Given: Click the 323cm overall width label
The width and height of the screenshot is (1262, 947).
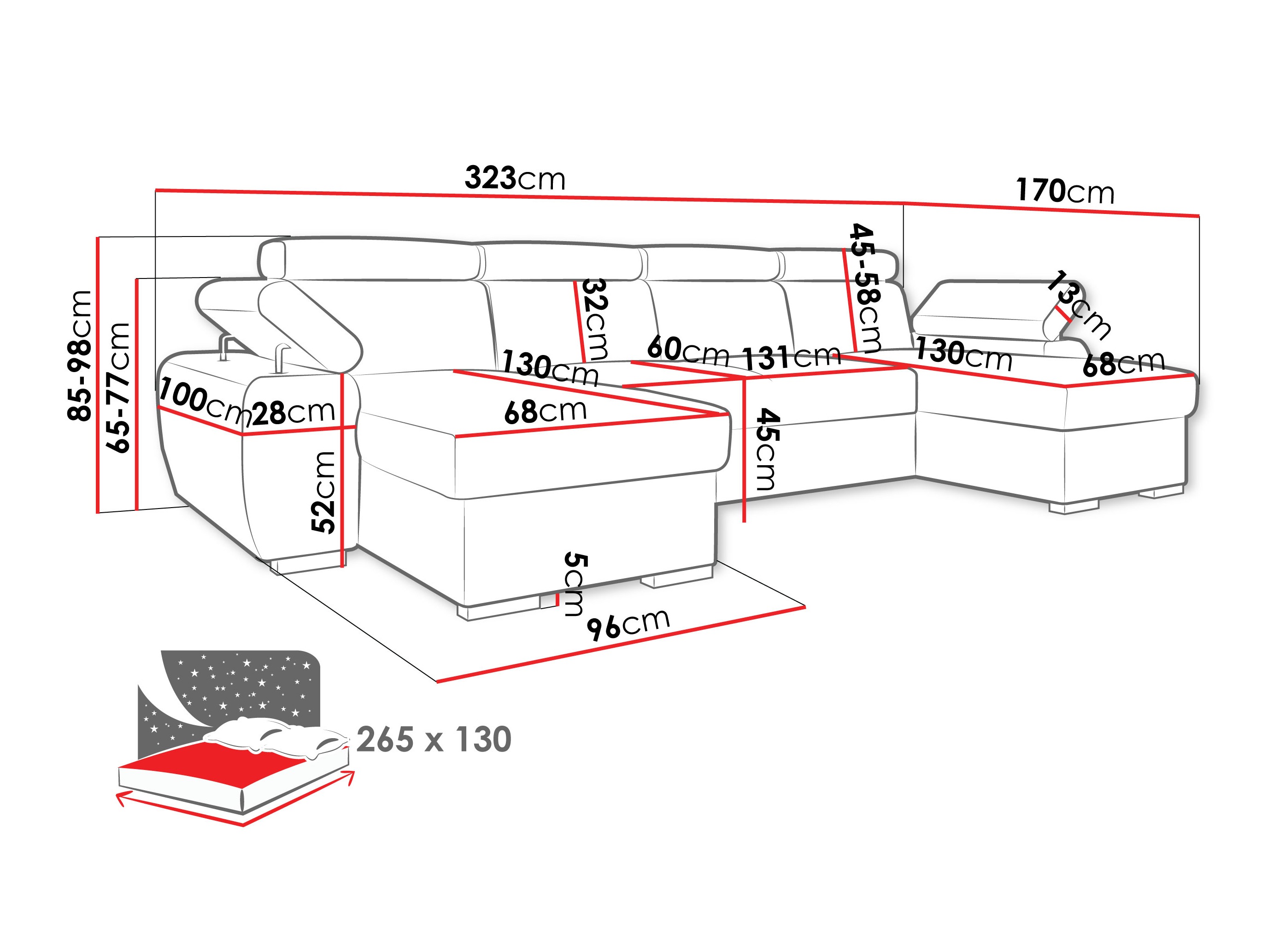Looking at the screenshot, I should click(x=515, y=179).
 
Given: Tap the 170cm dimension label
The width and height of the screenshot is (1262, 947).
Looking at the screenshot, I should click(x=1065, y=191).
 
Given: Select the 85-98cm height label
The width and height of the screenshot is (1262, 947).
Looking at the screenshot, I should click(x=79, y=355).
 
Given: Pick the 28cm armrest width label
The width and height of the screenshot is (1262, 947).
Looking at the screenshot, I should click(x=293, y=413).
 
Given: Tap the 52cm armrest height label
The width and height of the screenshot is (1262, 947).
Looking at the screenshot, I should click(x=323, y=492).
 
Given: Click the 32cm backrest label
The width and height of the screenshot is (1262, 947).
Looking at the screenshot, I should click(x=594, y=319).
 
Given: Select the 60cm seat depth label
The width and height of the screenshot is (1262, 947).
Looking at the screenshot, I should click(x=688, y=350).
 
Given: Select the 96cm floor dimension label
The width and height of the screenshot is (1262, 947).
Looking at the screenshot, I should click(x=628, y=624).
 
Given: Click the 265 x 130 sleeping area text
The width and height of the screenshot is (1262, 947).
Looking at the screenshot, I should click(x=434, y=740).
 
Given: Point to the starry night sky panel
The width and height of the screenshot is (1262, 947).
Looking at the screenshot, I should click(x=240, y=685).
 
